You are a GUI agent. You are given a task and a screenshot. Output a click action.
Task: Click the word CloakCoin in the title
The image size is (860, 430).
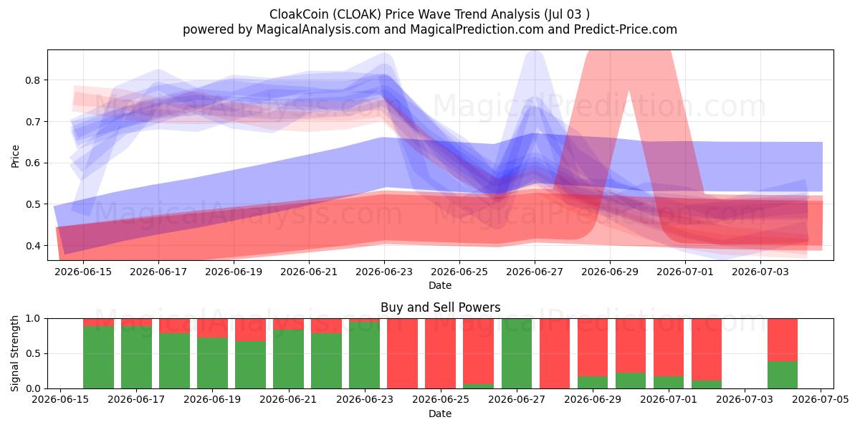(299, 14)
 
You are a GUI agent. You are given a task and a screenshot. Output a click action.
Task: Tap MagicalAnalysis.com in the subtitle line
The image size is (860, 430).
(318, 29)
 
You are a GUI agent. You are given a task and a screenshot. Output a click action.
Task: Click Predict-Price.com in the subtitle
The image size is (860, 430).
(626, 29)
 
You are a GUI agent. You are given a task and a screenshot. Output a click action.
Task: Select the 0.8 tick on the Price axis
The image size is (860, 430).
(32, 80)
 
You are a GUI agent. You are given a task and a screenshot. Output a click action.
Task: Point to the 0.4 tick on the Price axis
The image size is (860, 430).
(32, 246)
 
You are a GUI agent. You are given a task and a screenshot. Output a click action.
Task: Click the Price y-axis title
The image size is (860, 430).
(15, 156)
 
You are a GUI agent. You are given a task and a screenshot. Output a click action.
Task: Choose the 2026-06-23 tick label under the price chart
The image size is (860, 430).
(384, 272)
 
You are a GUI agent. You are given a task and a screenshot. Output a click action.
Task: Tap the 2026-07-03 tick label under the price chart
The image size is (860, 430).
(760, 272)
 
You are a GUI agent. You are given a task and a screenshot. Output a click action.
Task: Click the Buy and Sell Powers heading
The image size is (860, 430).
(440, 307)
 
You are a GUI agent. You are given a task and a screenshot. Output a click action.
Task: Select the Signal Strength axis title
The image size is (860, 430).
(14, 353)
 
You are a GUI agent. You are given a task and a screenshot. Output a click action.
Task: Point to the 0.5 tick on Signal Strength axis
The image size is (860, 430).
(32, 353)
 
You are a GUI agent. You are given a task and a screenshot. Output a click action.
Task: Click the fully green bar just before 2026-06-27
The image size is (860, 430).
(517, 353)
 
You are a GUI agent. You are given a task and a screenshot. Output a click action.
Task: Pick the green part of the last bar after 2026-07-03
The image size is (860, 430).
(783, 375)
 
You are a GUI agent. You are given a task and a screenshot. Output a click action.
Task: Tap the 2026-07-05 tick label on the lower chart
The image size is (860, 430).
(821, 400)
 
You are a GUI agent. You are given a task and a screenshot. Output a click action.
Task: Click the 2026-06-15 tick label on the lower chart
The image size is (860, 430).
(60, 400)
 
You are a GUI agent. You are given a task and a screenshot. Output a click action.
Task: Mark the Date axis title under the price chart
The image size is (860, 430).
(440, 285)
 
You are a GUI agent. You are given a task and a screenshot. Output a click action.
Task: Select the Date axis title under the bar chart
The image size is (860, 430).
(440, 414)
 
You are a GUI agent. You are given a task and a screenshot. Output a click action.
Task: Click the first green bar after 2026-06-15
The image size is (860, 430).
(98, 357)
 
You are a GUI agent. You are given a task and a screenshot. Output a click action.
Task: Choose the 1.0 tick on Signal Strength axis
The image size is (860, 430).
(32, 318)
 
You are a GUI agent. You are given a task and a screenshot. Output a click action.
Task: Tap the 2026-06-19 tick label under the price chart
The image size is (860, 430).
(234, 272)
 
